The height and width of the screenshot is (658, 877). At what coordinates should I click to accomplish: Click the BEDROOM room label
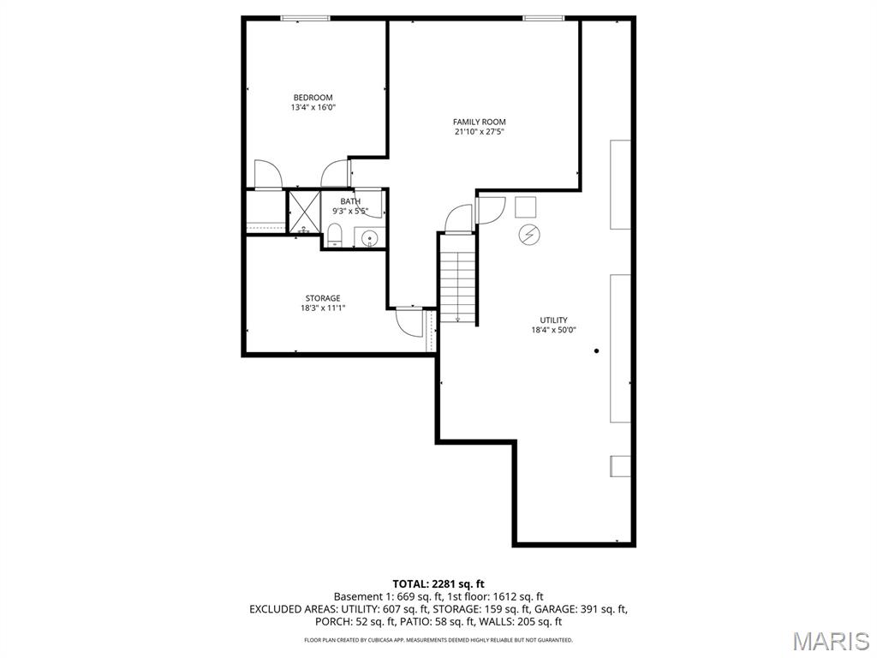(x=313, y=98)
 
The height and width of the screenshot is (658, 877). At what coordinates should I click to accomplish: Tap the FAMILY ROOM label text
(x=479, y=122)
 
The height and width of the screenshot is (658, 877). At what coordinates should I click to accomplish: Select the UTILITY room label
(x=553, y=320)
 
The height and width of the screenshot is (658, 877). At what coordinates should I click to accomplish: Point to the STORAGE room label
(x=323, y=298)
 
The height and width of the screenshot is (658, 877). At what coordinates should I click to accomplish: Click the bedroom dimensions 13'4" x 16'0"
(x=313, y=108)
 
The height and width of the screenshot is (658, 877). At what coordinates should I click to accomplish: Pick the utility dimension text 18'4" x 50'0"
(x=553, y=330)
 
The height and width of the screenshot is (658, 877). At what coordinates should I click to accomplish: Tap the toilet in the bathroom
(x=335, y=234)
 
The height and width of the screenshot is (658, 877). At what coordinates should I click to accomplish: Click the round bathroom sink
(x=370, y=237)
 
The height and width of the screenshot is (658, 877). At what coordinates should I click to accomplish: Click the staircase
(x=458, y=279)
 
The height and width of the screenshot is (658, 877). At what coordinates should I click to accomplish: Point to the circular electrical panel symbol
(x=528, y=234)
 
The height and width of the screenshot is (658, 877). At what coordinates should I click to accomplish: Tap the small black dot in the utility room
(x=596, y=350)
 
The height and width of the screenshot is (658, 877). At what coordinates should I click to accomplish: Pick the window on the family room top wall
(x=544, y=18)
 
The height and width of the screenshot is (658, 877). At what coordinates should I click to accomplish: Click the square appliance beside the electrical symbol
(x=525, y=206)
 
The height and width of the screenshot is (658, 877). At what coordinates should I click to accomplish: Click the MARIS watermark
(x=831, y=641)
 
